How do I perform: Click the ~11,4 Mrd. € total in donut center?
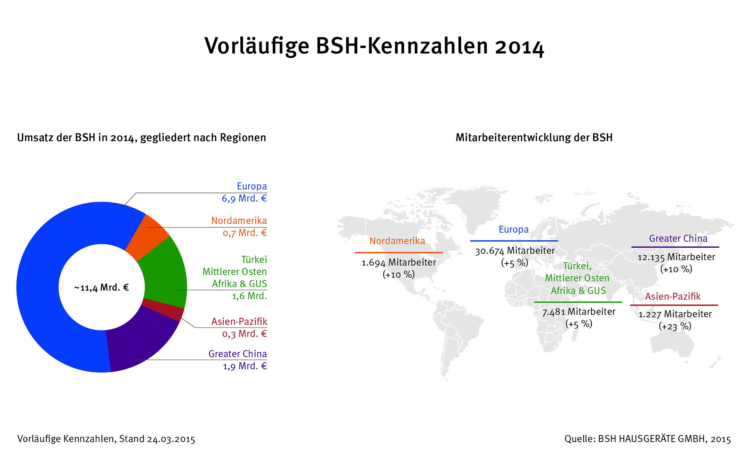[x=101, y=288]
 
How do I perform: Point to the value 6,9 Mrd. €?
[x=244, y=198]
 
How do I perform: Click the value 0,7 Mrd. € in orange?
[x=245, y=233]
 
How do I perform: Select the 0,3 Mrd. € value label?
[x=244, y=333]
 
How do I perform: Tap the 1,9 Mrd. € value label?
[x=245, y=366]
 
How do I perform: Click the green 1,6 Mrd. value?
[x=249, y=296]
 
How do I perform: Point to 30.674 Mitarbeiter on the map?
[x=515, y=251]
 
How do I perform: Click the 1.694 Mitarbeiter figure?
[x=398, y=262]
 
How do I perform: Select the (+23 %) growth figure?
[x=675, y=326]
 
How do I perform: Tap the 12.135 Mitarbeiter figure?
[x=676, y=257]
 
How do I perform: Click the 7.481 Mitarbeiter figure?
[x=579, y=312]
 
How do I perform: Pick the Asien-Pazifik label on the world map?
[x=673, y=296]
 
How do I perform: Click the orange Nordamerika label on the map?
[x=397, y=241]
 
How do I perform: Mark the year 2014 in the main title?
[x=519, y=46]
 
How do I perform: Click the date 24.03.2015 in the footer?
[x=171, y=439]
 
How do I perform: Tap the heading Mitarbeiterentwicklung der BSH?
[x=534, y=138]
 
